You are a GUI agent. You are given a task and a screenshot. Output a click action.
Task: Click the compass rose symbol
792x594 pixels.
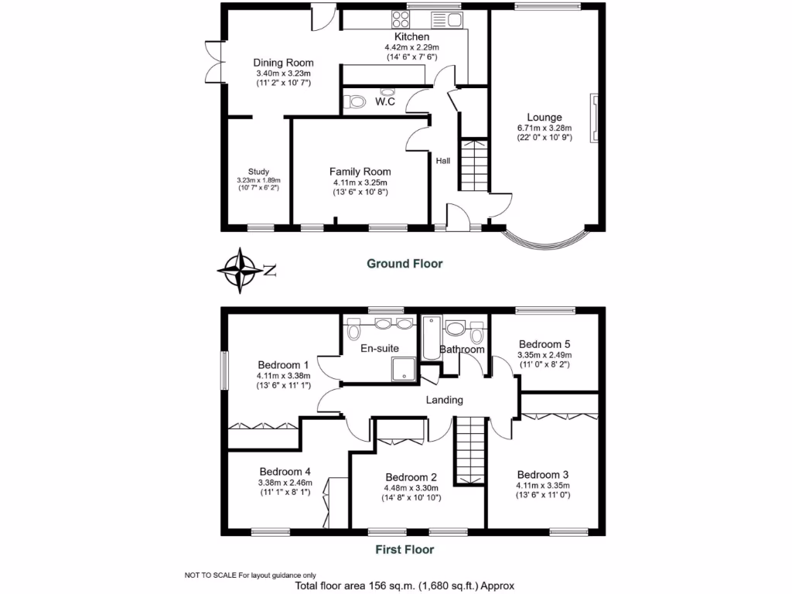(x=241, y=270)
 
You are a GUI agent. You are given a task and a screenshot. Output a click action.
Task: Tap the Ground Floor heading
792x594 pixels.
(x=404, y=264)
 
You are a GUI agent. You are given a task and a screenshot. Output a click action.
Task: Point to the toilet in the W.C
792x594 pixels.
(x=356, y=101)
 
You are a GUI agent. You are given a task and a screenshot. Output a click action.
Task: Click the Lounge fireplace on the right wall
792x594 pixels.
(x=595, y=118)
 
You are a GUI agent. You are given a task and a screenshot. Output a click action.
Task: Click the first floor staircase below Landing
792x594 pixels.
(x=469, y=450)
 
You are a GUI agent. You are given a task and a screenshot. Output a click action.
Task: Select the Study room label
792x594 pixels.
(x=258, y=172)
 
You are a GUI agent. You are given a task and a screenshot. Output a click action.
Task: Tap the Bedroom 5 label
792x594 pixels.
(x=544, y=344)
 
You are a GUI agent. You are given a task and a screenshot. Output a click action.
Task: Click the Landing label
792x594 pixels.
(x=445, y=400)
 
